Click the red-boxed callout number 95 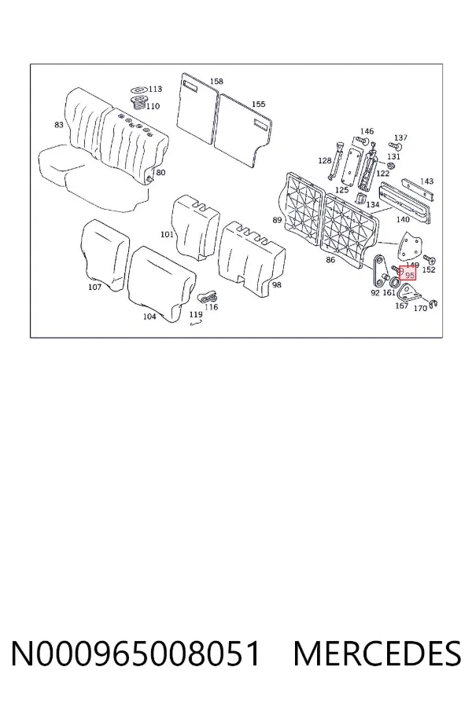pyautogui.click(x=410, y=275)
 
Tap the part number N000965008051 pyautogui.click(x=135, y=654)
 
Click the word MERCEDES pyautogui.click(x=377, y=654)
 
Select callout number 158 pyautogui.click(x=216, y=81)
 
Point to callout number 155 pyautogui.click(x=258, y=104)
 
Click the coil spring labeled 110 pyautogui.click(x=139, y=103)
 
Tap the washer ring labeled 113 pyautogui.click(x=139, y=90)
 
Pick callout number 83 pyautogui.click(x=59, y=124)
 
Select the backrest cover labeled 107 pyautogui.click(x=105, y=254)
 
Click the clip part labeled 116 pyautogui.click(x=208, y=298)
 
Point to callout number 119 pyautogui.click(x=196, y=315)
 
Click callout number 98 pyautogui.click(x=277, y=285)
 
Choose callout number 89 pyautogui.click(x=278, y=220)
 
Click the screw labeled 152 pyautogui.click(x=429, y=260)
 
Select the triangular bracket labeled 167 pyautogui.click(x=407, y=293)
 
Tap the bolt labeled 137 pyautogui.click(x=394, y=147)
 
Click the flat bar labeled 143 pyautogui.click(x=418, y=189)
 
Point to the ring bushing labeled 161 pyautogui.click(x=394, y=283)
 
